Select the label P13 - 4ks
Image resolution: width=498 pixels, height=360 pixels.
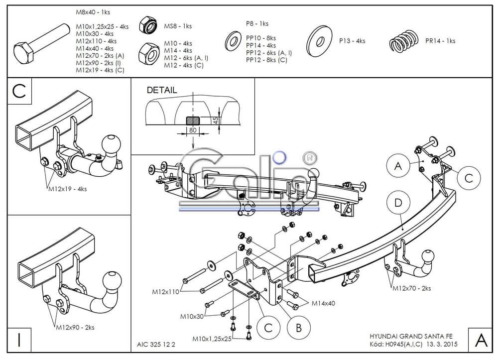352,41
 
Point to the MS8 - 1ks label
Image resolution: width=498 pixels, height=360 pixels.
178,26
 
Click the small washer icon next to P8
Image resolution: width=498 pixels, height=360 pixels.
232,41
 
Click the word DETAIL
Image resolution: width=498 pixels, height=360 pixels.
161,90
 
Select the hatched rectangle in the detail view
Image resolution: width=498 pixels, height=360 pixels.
193,120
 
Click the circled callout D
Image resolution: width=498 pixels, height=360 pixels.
398,202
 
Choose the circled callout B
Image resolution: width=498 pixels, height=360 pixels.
299,327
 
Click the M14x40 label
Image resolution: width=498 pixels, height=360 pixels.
323,303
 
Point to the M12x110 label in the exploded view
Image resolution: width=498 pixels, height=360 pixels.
166,292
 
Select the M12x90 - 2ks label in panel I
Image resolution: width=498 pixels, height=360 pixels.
75,327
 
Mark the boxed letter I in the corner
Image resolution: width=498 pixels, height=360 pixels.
19,340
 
